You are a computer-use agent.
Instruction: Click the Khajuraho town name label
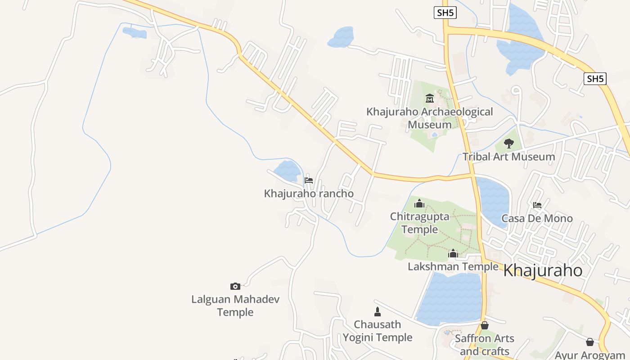(543, 270)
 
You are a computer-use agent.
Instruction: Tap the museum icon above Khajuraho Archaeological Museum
(430, 98)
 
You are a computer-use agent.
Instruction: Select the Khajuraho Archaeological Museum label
(430, 118)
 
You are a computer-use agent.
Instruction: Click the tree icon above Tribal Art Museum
(509, 144)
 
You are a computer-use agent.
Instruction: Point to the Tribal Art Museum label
(509, 157)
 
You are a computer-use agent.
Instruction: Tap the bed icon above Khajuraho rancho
(309, 180)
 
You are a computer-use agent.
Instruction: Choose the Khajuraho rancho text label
(309, 193)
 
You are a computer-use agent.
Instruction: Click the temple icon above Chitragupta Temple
(419, 203)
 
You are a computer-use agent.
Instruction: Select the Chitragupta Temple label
(420, 223)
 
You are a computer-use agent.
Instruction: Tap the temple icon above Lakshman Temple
(453, 254)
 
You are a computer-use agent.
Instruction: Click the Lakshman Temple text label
(453, 266)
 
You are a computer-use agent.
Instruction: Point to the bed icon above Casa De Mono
(537, 205)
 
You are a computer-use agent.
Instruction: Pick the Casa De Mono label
(537, 219)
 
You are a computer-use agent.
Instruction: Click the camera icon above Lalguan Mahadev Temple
(235, 286)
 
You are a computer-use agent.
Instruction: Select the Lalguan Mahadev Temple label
(235, 306)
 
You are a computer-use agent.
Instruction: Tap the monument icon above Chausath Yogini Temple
(378, 311)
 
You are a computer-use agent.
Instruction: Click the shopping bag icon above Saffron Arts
(485, 325)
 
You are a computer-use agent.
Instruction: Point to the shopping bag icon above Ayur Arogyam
(590, 342)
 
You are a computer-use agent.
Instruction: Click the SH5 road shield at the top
(445, 13)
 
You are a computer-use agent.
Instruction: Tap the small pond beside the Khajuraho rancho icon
(287, 171)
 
